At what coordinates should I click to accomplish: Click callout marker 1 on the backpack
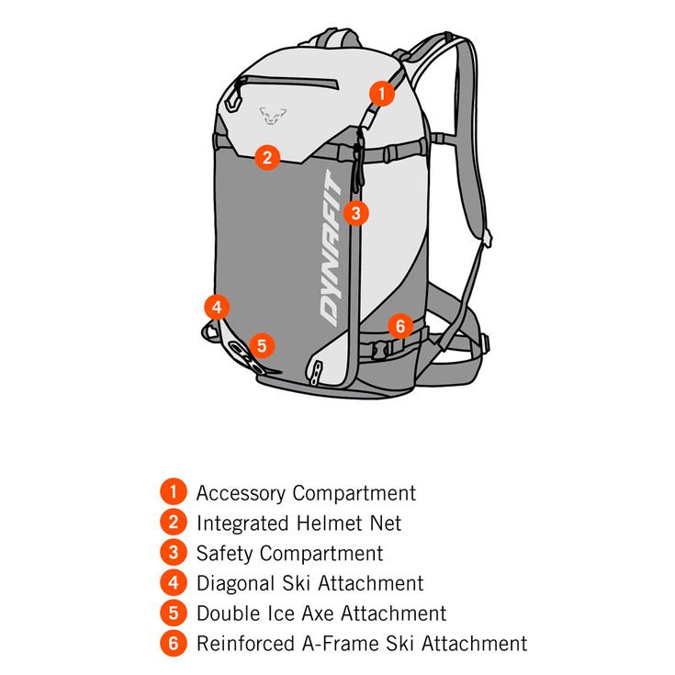pos(381,94)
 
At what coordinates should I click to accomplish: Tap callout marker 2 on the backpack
pos(267,157)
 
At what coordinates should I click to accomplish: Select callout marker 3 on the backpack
pos(355,213)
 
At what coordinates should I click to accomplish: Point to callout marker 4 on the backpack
pos(217,307)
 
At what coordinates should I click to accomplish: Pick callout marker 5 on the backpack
pos(262,345)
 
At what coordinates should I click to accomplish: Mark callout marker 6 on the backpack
pos(399,325)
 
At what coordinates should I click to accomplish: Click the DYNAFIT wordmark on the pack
pos(332,248)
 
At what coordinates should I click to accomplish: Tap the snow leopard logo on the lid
pos(273,116)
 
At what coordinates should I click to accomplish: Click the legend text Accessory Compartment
pos(306,494)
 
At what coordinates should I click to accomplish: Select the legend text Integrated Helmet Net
pos(298,523)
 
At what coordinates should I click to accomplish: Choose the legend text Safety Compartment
pos(289,554)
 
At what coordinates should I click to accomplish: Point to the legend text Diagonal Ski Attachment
pos(310,583)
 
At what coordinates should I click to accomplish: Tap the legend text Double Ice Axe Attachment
pos(321,613)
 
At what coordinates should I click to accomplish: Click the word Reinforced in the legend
pos(245,644)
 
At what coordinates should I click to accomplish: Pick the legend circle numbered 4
pos(173,583)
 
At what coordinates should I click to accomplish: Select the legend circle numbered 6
pos(173,643)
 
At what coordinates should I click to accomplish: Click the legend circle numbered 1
pos(173,491)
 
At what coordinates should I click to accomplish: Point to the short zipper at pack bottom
pos(316,372)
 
